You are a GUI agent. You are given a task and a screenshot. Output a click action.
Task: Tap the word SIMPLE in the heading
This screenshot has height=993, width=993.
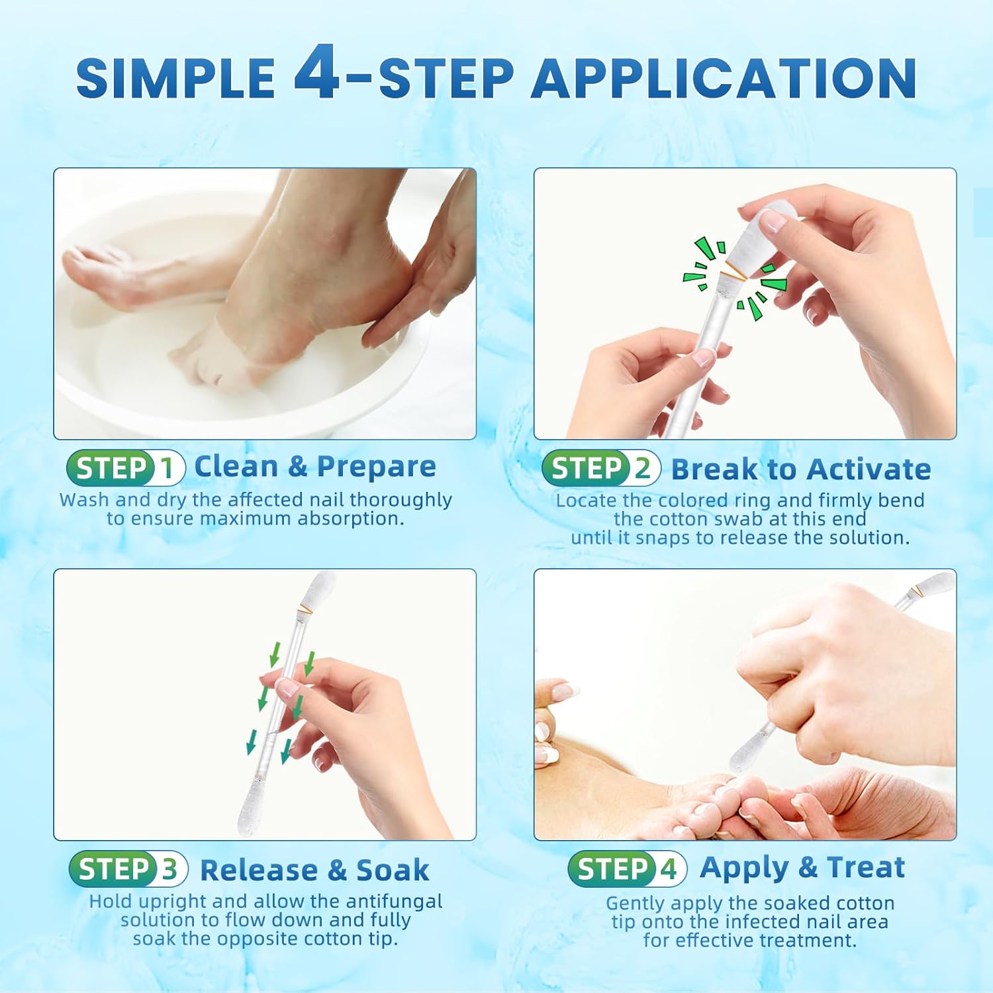tap(175, 79)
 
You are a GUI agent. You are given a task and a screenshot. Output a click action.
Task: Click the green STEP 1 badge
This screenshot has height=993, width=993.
tap(125, 469)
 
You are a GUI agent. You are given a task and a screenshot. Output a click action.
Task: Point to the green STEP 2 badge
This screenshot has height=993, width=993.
tap(600, 469)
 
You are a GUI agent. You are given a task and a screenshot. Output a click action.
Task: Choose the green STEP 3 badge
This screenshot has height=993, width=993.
tap(128, 869)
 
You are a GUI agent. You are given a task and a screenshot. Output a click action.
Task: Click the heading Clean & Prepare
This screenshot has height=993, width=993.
tap(315, 467)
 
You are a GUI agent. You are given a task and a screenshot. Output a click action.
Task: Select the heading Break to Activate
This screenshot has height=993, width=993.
tap(801, 469)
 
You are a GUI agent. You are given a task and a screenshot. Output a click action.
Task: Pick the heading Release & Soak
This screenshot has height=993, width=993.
tap(314, 870)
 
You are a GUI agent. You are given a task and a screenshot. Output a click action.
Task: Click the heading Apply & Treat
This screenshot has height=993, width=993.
tap(802, 867)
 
